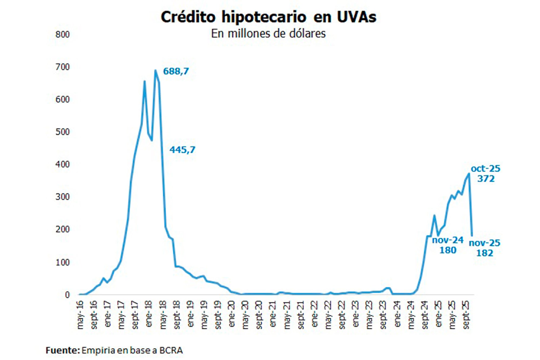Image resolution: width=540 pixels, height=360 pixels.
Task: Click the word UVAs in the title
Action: click(356, 17)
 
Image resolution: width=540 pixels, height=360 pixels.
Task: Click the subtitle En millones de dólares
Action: click(268, 34)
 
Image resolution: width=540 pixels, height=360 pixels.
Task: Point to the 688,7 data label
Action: click(176, 71)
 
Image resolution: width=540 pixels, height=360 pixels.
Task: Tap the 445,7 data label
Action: click(182, 150)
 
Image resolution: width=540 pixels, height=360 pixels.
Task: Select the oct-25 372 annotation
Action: click(485, 174)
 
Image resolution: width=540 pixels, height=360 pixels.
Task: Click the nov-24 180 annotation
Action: click(448, 245)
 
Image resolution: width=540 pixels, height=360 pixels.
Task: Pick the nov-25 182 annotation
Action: click(484, 248)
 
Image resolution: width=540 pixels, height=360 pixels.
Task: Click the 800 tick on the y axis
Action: click(62, 35)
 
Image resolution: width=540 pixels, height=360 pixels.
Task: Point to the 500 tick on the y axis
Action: click(62, 132)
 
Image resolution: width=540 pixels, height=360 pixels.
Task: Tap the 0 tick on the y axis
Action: click(67, 295)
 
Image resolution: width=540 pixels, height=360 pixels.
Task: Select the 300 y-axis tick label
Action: click(62, 197)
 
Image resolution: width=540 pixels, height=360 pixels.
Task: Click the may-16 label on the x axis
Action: click(80, 315)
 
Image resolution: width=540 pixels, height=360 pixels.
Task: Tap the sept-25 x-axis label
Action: click(466, 315)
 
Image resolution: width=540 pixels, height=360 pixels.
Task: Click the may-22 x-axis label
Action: click(328, 315)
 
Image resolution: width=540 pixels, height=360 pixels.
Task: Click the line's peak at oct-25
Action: click(469, 174)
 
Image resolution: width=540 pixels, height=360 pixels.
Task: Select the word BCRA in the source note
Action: click(171, 350)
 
